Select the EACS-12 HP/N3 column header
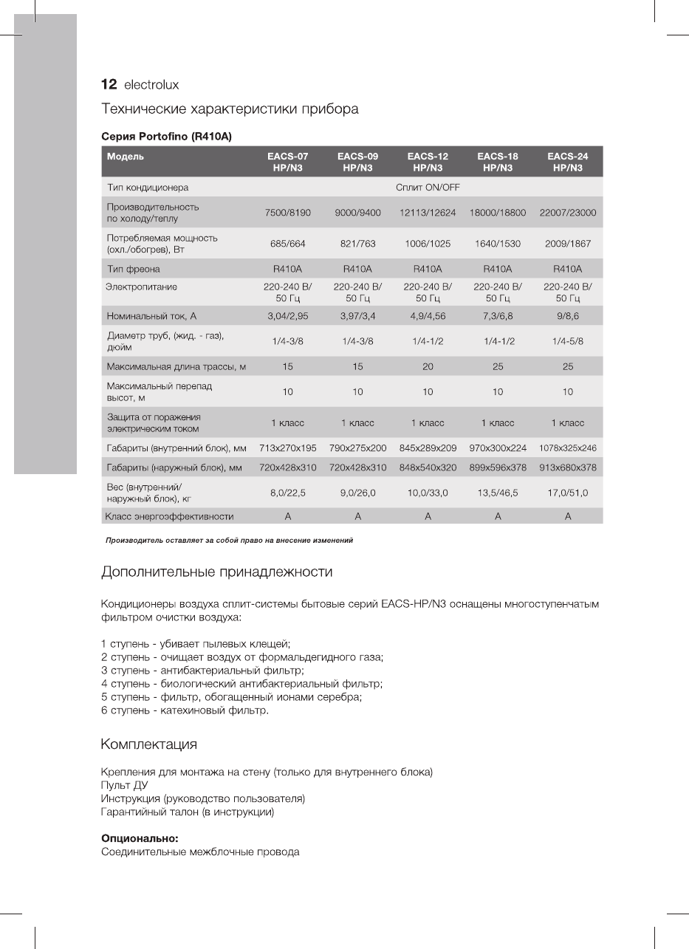click(x=428, y=162)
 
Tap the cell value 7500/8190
click(x=288, y=213)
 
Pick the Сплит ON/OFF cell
click(x=428, y=188)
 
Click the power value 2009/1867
click(x=567, y=244)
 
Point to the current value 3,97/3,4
click(x=357, y=316)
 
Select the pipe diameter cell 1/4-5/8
click(x=567, y=341)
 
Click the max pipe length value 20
click(x=428, y=367)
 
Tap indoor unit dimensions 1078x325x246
click(x=567, y=448)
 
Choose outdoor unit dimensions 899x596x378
click(x=498, y=467)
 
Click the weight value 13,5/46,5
click(x=498, y=493)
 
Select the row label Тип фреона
click(x=134, y=269)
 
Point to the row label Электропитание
click(x=142, y=286)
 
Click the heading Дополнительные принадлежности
click(x=216, y=572)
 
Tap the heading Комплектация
click(x=148, y=742)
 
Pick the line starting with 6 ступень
click(x=185, y=710)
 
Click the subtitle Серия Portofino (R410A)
click(x=167, y=137)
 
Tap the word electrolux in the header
click(x=151, y=85)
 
